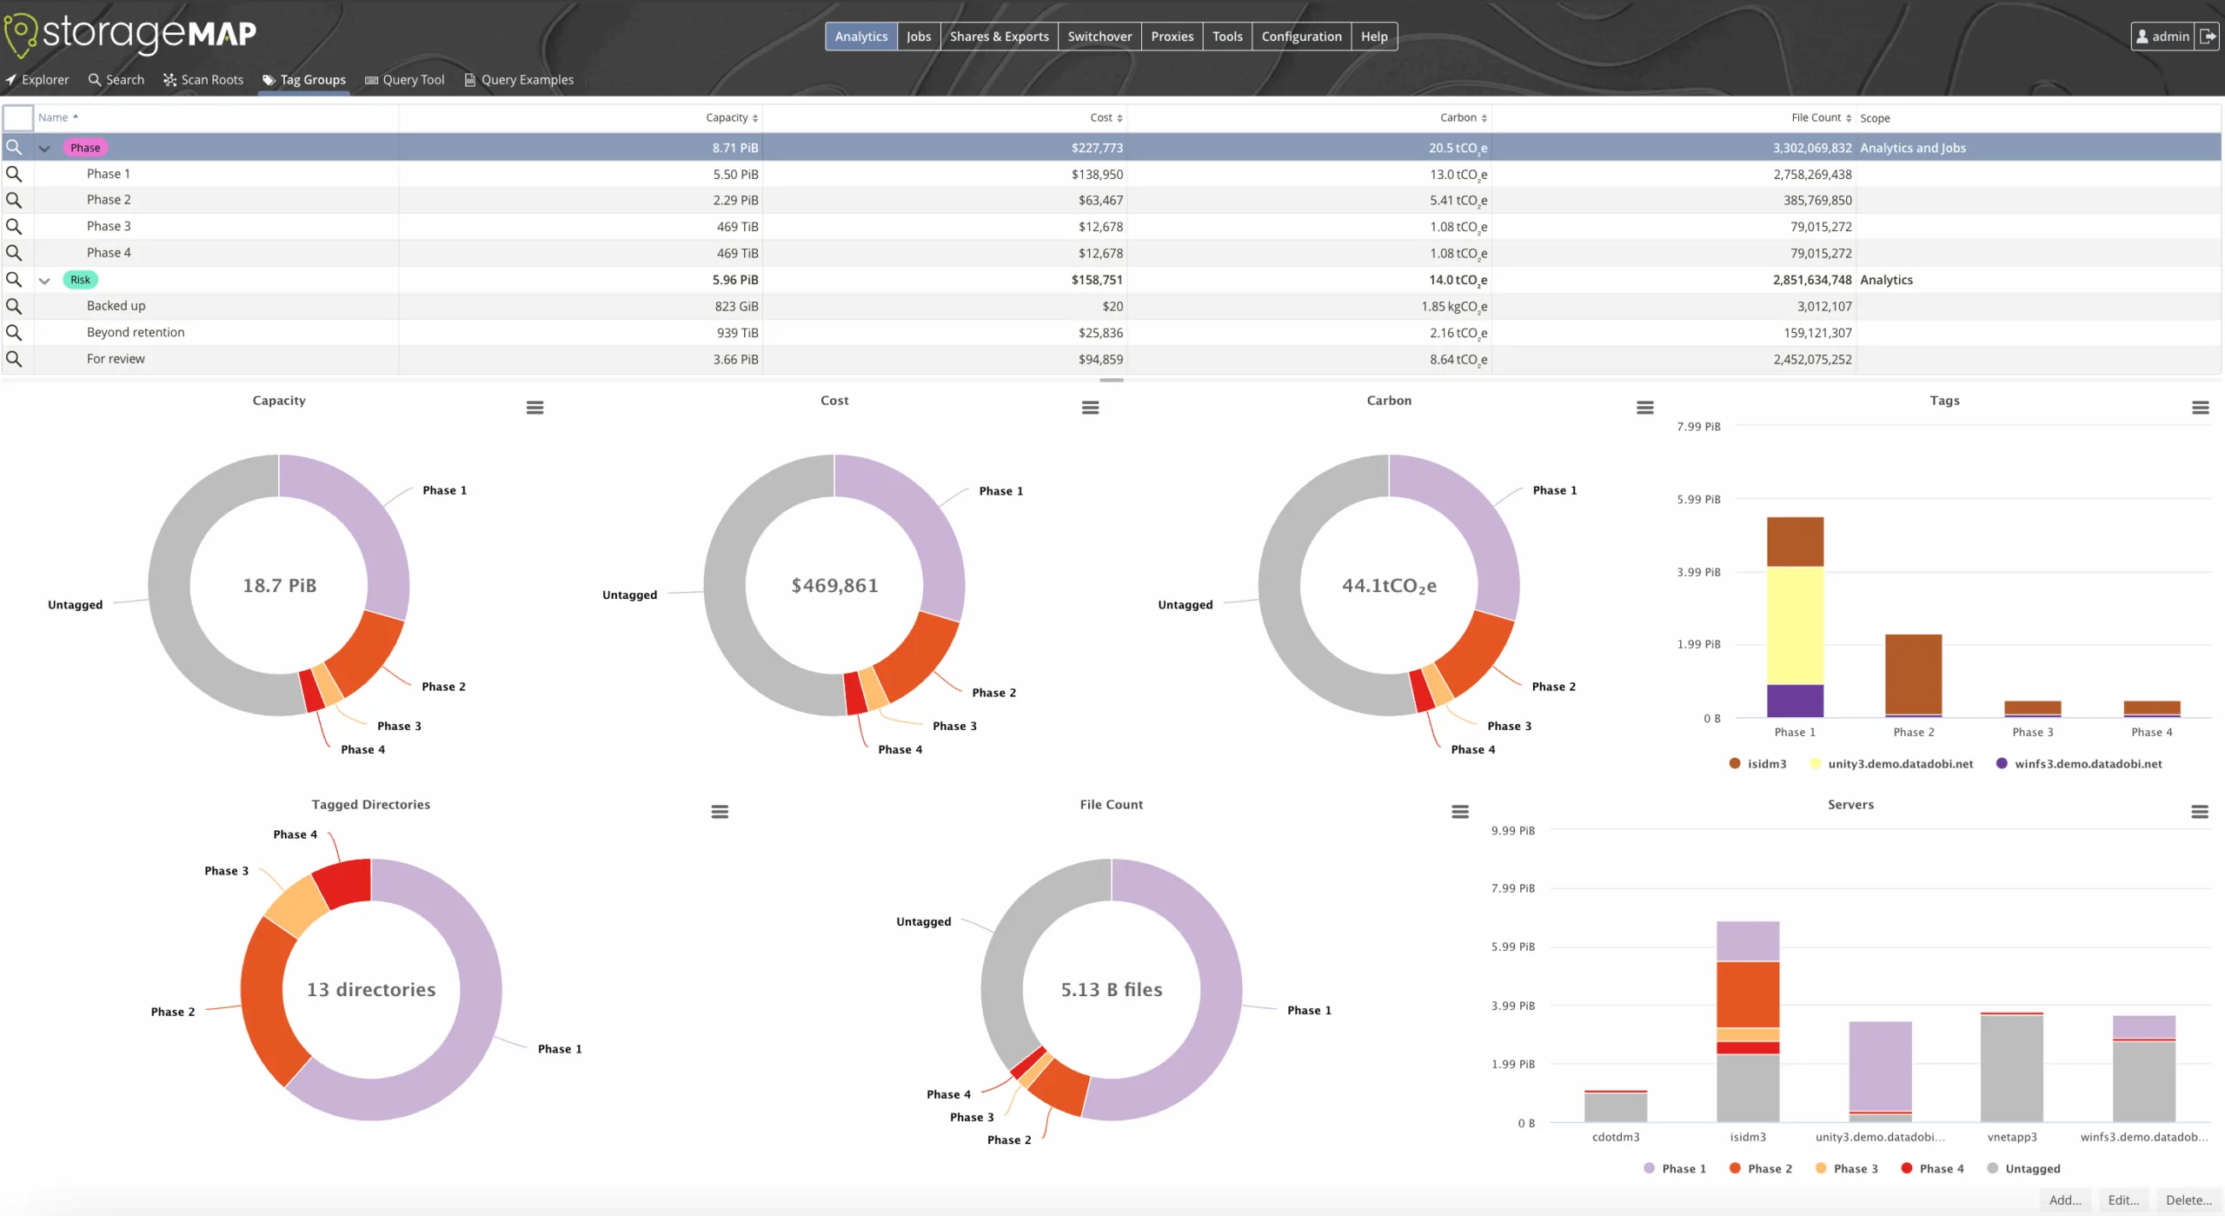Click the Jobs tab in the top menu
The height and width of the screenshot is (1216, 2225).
[918, 37]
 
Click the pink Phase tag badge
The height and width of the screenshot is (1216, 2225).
[85, 148]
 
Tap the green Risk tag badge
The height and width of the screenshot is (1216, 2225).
[80, 280]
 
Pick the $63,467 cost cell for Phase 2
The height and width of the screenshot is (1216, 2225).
[1100, 200]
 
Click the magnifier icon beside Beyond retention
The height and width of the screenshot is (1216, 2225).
[14, 333]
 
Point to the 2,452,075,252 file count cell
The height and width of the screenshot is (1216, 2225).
[1812, 359]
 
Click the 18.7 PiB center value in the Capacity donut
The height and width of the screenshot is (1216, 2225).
[279, 586]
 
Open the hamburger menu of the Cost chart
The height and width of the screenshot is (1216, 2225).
[1090, 408]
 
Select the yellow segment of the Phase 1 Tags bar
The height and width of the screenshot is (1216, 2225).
[1795, 625]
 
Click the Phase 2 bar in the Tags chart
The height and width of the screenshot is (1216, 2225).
[1913, 674]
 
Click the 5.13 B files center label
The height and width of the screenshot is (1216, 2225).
[1111, 990]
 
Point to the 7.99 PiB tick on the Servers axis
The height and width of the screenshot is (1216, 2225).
[1512, 888]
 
